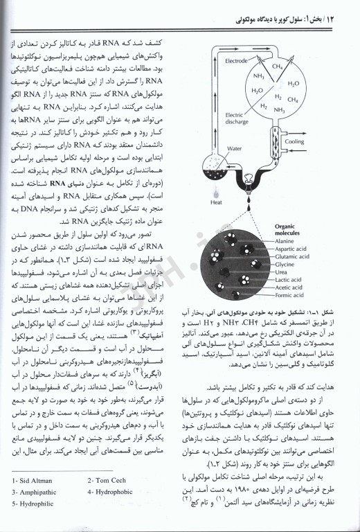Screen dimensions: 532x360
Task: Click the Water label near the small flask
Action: pyautogui.click(x=233, y=148)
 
